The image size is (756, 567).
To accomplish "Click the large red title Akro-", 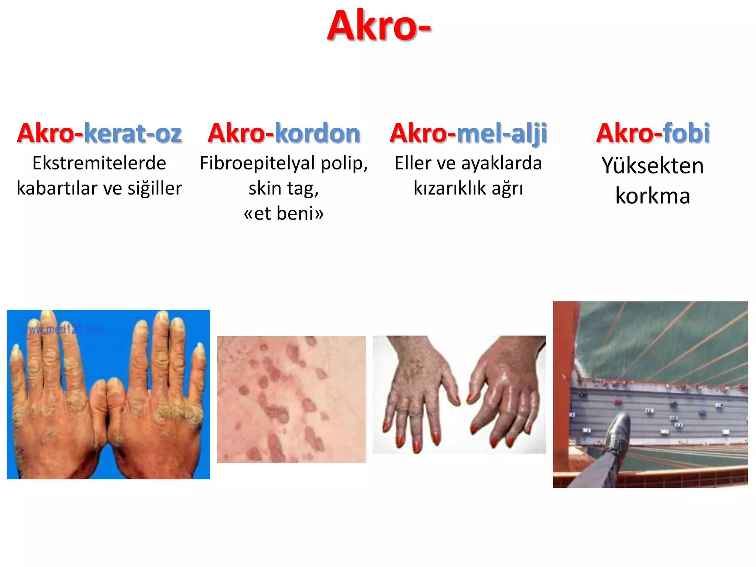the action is [x=379, y=26].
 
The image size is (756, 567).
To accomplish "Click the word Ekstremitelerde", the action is [x=99, y=163].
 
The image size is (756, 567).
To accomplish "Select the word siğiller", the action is [x=155, y=188].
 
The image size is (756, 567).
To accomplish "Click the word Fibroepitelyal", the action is [x=258, y=163].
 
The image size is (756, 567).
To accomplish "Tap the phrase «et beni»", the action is [x=283, y=213].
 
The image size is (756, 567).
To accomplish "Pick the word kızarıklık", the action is [x=450, y=188].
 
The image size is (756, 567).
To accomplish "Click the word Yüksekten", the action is [x=653, y=165].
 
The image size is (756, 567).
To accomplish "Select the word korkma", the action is [x=653, y=196].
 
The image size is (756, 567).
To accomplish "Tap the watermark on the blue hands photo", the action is [x=63, y=329].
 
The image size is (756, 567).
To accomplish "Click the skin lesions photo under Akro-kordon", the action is [x=291, y=399].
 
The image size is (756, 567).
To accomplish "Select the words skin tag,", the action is [x=283, y=188].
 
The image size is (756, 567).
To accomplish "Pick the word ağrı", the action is [x=507, y=188].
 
